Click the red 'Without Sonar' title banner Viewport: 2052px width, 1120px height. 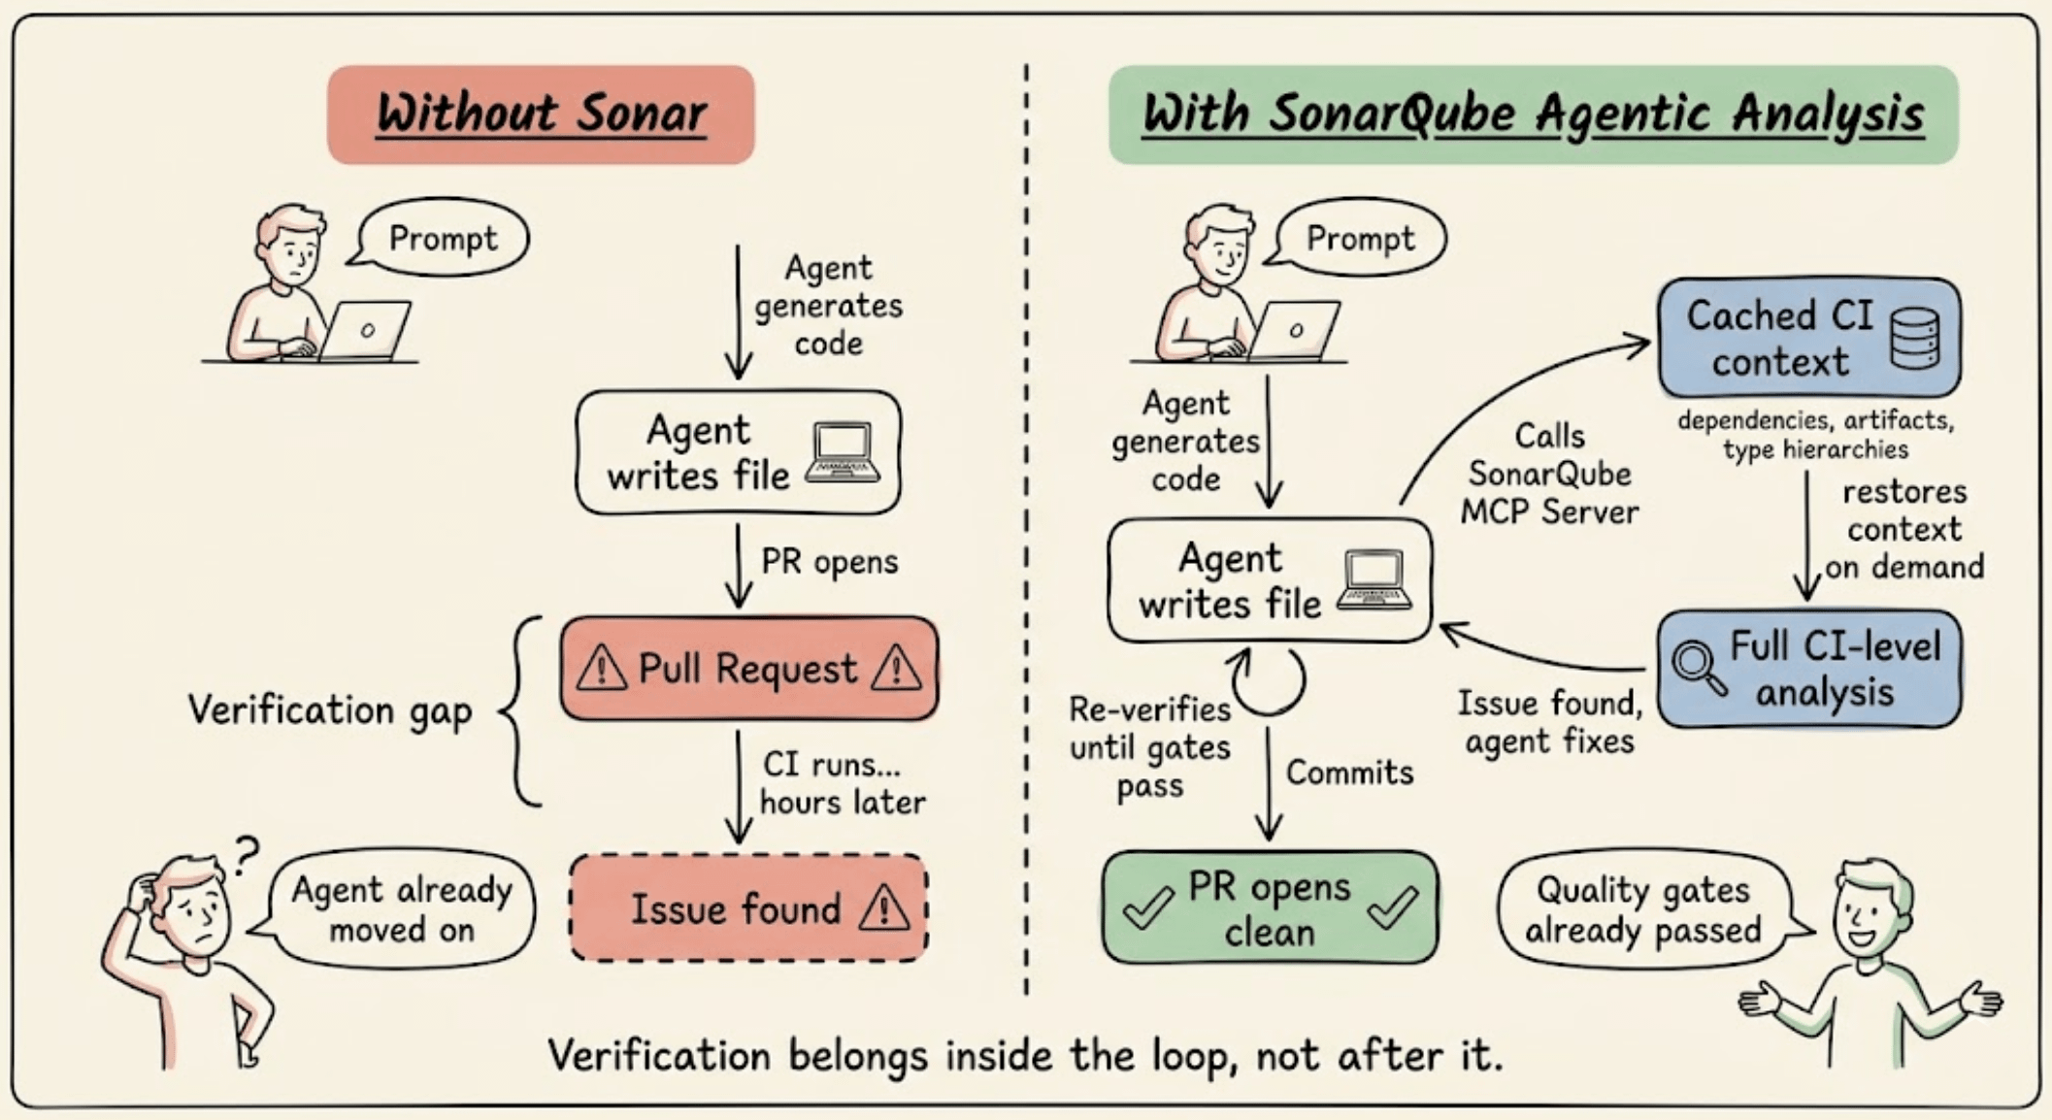541,115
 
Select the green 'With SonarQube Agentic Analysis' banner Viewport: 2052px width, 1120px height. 1533,115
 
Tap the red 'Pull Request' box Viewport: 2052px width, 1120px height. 748,669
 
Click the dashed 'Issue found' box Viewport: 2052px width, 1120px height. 748,908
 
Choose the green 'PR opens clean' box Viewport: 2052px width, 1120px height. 1270,908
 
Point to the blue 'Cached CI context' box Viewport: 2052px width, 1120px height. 1809,338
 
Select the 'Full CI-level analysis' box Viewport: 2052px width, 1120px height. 1809,669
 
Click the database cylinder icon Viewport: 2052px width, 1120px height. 1915,338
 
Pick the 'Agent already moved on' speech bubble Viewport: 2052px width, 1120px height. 401,909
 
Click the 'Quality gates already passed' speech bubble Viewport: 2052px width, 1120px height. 1642,909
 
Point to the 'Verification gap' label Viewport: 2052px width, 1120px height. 330,709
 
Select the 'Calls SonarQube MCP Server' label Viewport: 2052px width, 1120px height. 1549,474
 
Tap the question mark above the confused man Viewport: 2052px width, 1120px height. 248,856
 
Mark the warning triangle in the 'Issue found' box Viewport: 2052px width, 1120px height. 883,908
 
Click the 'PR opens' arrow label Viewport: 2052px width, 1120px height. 829,562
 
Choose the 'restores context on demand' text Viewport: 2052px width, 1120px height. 1903,530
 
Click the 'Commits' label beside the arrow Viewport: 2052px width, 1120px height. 1349,773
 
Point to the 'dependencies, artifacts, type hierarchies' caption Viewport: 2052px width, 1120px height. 1815,435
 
